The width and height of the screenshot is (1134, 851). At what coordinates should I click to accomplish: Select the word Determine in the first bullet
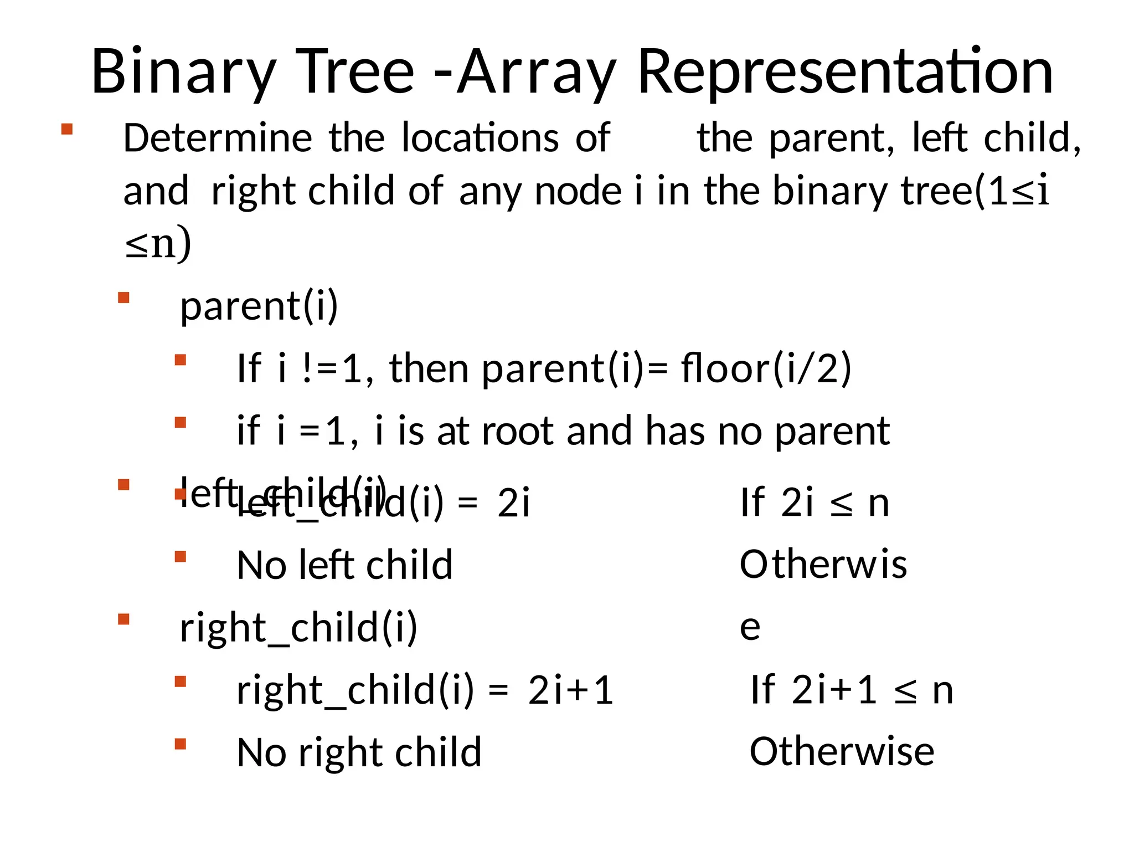click(x=218, y=138)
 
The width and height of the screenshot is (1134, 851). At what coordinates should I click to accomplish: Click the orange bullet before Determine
click(x=67, y=129)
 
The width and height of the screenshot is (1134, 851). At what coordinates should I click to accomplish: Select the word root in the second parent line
click(x=517, y=431)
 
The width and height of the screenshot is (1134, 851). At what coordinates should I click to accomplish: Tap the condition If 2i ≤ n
click(x=815, y=503)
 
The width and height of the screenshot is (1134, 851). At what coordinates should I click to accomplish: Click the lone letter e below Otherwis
click(x=750, y=627)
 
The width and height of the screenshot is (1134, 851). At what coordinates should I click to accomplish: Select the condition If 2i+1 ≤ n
click(x=852, y=690)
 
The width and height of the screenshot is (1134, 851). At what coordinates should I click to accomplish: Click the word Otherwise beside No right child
click(x=842, y=752)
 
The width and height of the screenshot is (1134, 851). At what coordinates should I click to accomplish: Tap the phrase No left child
click(x=344, y=565)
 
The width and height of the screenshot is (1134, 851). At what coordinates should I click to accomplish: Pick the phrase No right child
click(x=359, y=753)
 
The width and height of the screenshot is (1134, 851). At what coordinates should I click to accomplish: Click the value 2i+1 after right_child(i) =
click(x=570, y=691)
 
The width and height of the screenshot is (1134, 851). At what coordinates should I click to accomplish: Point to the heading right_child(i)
click(x=298, y=628)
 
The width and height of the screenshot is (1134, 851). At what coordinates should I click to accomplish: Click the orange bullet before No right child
click(x=180, y=744)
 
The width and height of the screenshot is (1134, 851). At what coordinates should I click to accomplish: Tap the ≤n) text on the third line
click(x=158, y=244)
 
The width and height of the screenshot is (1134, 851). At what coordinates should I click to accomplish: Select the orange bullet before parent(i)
click(x=123, y=298)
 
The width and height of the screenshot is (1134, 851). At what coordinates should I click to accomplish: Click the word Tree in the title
click(x=355, y=72)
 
